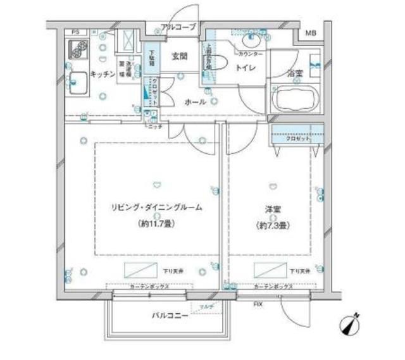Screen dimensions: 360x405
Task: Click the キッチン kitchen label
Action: (x=101, y=74)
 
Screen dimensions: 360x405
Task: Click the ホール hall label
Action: (x=195, y=101)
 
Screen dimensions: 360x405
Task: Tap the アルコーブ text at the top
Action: (x=178, y=27)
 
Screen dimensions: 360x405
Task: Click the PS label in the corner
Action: (x=75, y=32)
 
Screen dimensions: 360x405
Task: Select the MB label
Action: (x=311, y=34)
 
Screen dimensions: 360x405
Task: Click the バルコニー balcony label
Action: (x=169, y=314)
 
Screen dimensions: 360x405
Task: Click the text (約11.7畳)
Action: (x=158, y=223)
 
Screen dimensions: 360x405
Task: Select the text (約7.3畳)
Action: (x=272, y=225)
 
